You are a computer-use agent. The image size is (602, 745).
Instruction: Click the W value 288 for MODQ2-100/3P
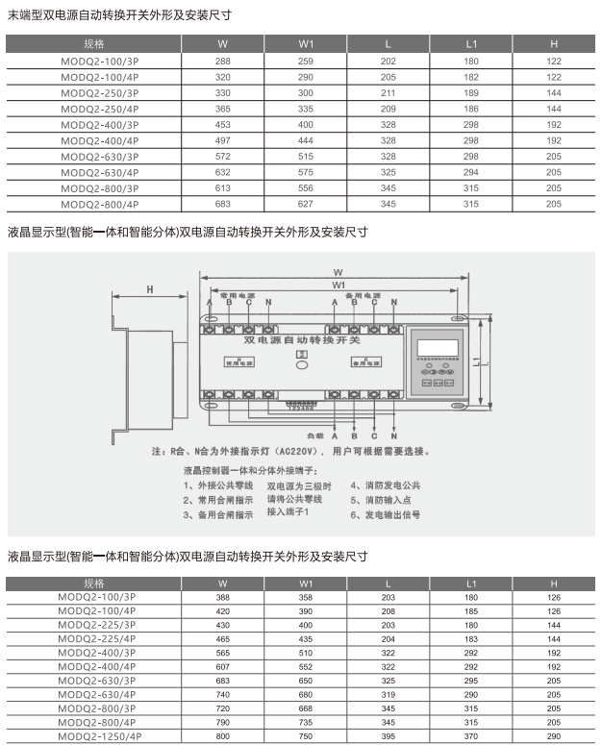[223, 61]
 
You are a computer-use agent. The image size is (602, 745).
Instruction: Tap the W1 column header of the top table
[306, 44]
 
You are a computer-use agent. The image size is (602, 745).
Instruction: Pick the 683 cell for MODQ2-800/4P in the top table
[223, 205]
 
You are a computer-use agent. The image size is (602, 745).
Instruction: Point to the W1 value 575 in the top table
[306, 173]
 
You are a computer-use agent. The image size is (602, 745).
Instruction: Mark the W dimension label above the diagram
[339, 271]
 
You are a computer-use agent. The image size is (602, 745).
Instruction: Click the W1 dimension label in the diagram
[339, 286]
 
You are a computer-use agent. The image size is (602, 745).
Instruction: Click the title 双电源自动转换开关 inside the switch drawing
[302, 341]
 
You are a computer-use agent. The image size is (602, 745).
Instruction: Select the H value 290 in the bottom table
[554, 736]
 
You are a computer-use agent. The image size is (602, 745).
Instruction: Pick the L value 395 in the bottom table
[389, 736]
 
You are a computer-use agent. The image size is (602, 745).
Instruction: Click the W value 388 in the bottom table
[223, 598]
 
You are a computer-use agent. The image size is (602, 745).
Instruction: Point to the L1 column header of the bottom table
[471, 584]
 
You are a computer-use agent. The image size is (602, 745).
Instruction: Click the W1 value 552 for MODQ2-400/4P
[306, 667]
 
